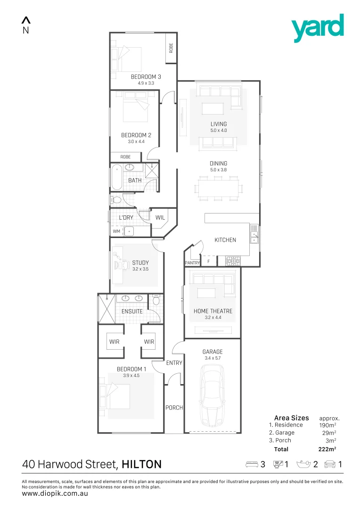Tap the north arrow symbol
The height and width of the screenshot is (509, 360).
coord(26,20)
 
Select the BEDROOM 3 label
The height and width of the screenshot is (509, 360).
coord(146,77)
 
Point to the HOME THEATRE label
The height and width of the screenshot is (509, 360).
coord(213,311)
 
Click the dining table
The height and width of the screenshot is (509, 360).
coord(219,189)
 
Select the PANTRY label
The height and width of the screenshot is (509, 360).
coord(192,263)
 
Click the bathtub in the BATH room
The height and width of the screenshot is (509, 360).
coord(117,177)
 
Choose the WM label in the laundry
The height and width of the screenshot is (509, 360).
coord(116,231)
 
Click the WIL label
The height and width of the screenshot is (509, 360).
coord(160,218)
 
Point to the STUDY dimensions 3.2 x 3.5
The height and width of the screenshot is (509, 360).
coord(140,269)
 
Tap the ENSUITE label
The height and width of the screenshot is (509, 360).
coord(132,312)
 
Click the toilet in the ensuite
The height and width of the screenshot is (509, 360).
coord(156,300)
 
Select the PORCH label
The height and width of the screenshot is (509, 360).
coord(174,408)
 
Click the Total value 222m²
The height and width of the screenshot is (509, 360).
coord(327,449)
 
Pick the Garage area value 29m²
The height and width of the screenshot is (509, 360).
coord(328,433)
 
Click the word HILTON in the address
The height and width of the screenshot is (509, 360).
coord(141,464)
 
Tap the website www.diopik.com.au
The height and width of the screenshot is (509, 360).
coord(55,494)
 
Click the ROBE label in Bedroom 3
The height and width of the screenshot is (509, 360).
coord(171,48)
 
